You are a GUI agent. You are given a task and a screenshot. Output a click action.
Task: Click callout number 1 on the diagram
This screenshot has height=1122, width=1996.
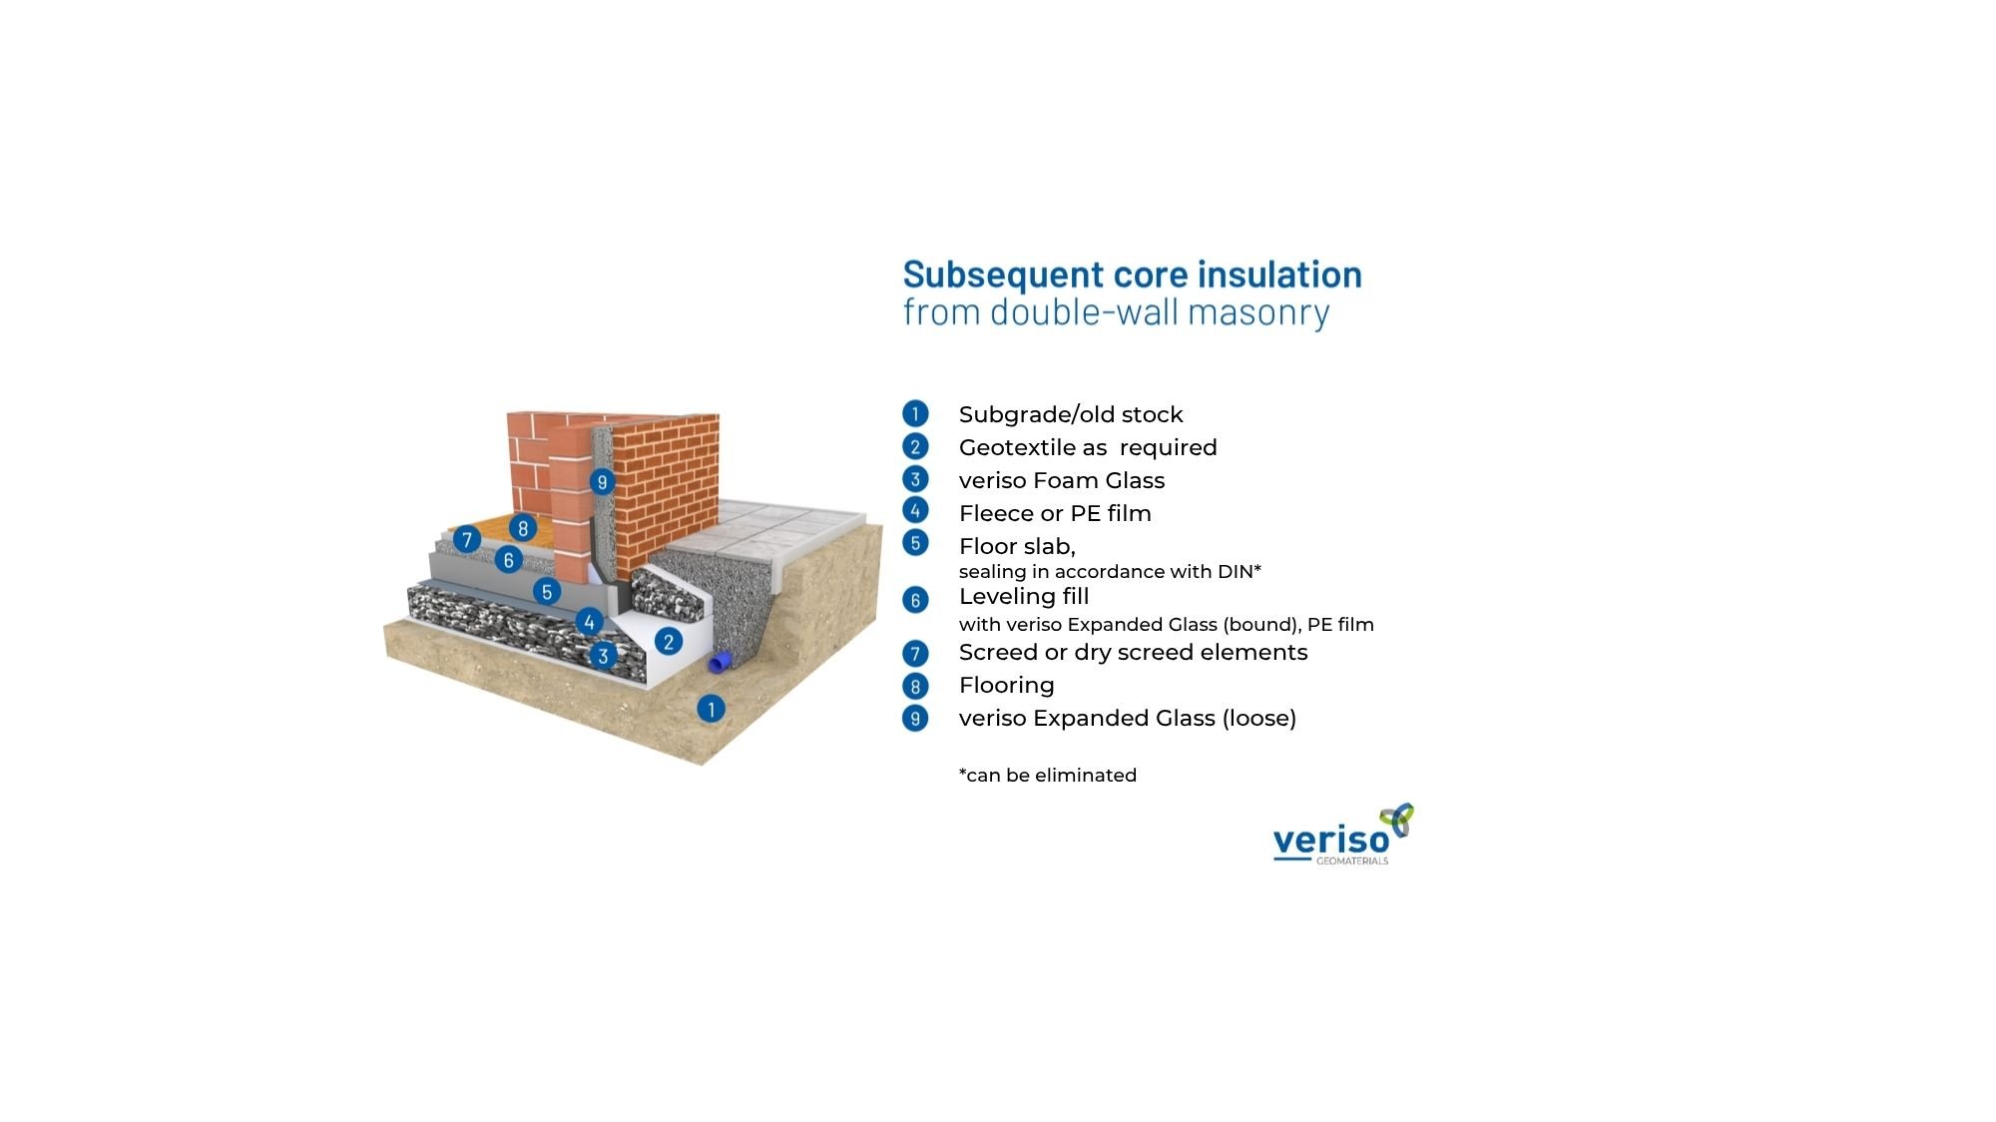[711, 709]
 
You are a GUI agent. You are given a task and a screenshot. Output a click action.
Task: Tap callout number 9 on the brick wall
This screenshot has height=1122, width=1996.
[602, 482]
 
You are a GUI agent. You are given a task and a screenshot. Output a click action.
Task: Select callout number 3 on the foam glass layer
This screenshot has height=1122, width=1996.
[603, 656]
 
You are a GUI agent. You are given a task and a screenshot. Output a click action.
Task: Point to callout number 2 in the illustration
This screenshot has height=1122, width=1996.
[669, 641]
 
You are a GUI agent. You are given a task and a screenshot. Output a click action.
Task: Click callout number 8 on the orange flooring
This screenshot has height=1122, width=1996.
[523, 528]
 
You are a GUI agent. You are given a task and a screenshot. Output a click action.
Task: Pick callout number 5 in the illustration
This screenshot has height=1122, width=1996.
[546, 592]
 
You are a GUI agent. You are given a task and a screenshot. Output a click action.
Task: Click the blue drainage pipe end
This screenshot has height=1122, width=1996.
[720, 662]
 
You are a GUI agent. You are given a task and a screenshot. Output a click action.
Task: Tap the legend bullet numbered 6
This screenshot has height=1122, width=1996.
[915, 600]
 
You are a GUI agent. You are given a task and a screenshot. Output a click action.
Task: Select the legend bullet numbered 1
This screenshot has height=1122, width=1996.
[915, 413]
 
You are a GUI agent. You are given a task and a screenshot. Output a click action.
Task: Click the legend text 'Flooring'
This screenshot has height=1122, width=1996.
[1006, 685]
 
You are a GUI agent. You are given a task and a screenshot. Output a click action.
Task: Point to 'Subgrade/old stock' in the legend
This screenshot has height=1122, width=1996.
[1071, 414]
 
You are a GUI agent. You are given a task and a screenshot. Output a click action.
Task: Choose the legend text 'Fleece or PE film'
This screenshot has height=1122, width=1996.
[1055, 513]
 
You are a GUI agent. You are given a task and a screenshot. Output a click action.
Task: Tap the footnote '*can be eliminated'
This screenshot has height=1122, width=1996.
[1048, 776]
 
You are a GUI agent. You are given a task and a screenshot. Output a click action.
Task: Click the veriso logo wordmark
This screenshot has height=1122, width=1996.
[1331, 841]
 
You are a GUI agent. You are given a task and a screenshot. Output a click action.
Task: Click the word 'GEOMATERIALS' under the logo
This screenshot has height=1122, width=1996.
[1352, 860]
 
